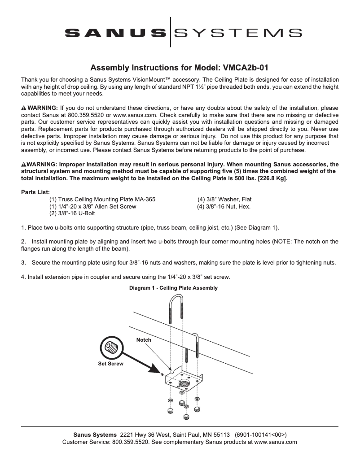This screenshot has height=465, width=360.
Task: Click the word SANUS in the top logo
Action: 115,33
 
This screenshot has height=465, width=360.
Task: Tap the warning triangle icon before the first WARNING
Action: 24,109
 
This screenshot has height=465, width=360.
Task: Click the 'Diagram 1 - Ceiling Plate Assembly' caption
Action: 173,288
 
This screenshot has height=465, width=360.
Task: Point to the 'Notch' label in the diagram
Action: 144,340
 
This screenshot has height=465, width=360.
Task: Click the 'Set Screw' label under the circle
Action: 110,364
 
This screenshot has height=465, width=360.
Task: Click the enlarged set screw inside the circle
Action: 110,347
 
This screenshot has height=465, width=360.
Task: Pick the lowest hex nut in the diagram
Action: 185,417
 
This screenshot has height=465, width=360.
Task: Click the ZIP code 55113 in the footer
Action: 221,435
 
